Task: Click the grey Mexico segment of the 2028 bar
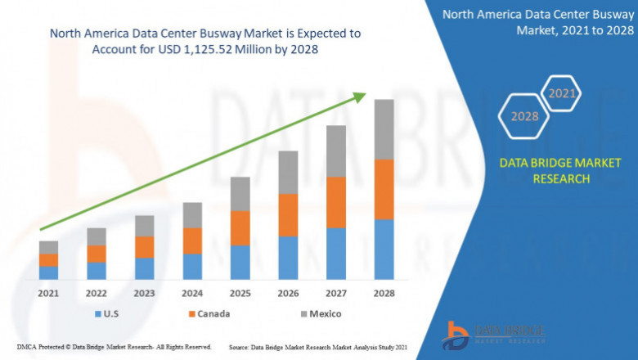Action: click(x=384, y=129)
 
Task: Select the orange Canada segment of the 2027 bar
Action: click(x=335, y=202)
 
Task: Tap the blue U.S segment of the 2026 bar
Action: click(x=288, y=258)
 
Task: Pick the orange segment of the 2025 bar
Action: click(x=240, y=228)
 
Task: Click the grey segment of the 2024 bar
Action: click(x=192, y=215)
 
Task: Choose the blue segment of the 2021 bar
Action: click(x=48, y=272)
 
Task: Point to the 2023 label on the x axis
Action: click(x=144, y=293)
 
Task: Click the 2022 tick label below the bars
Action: click(x=97, y=293)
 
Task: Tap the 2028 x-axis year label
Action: click(x=384, y=293)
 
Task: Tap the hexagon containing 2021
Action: click(x=562, y=93)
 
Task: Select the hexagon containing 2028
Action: click(x=525, y=116)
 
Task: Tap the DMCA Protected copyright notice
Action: click(x=114, y=348)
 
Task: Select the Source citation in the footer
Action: click(x=320, y=348)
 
